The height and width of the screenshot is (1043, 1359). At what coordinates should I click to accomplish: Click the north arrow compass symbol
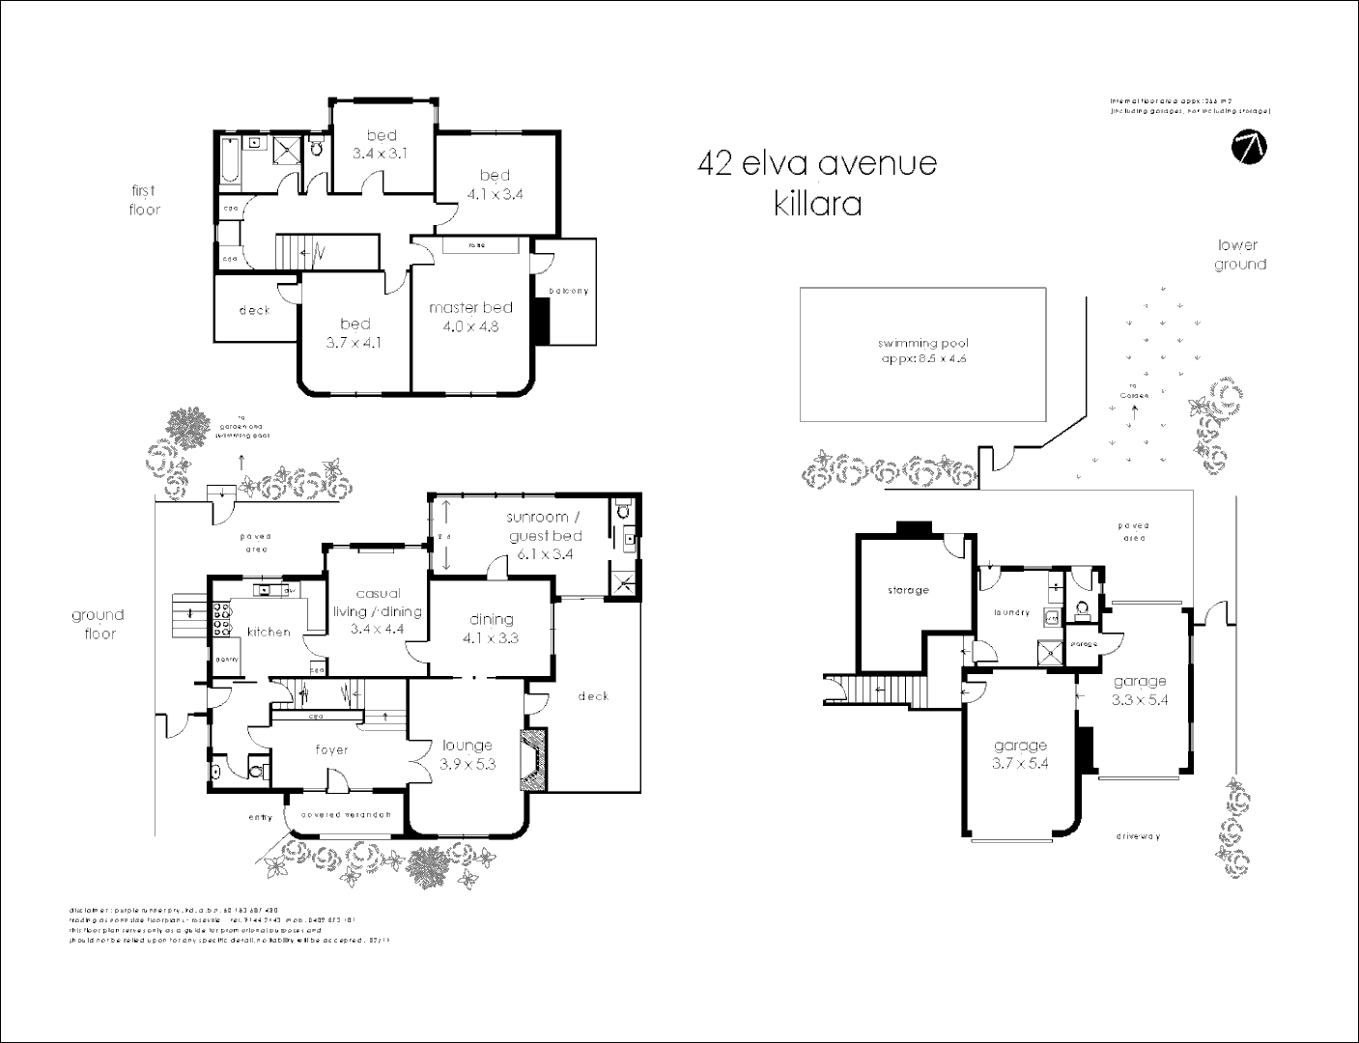coord(1250,146)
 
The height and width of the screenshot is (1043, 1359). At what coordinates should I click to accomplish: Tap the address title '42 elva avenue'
coord(816,163)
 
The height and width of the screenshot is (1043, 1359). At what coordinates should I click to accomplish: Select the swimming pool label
coord(922,351)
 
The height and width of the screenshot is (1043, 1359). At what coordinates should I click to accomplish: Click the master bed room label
coord(470,316)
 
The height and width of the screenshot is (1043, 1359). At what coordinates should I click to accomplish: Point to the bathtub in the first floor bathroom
coord(228,160)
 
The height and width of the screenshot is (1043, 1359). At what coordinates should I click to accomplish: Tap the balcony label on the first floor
coord(568,291)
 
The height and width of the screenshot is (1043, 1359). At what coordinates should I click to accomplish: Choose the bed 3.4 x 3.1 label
coord(381,144)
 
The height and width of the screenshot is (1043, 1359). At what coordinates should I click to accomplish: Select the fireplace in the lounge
coord(533,760)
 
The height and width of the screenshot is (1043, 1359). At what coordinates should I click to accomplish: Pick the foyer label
coord(331,749)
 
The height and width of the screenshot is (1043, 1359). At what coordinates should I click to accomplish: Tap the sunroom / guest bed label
coord(545,535)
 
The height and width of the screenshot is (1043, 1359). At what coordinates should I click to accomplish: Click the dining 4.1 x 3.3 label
coord(492,628)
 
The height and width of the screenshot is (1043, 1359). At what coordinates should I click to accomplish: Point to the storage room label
coord(907,590)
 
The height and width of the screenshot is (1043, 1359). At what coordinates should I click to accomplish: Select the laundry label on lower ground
coord(1011,612)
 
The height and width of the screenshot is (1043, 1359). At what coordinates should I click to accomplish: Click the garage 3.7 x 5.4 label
coord(1020,753)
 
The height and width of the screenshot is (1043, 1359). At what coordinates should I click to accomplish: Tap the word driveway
coord(1137,836)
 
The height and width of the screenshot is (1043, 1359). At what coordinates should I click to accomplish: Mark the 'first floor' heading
coord(144,200)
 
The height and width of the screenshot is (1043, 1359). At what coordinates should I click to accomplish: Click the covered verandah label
coord(346,814)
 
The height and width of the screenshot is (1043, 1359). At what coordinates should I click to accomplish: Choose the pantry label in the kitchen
coord(227,659)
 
